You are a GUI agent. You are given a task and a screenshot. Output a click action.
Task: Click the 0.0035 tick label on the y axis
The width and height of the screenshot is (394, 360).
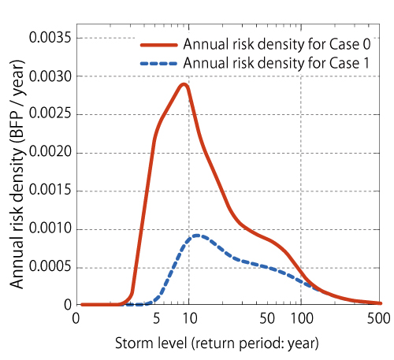tap(50, 37)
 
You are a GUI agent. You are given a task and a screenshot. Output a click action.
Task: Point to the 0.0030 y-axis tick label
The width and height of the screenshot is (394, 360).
tap(50, 76)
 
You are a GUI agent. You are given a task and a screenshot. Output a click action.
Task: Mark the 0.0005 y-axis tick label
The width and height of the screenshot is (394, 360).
tap(50, 266)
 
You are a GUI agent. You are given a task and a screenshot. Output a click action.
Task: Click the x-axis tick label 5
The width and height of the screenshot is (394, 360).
tap(156, 318)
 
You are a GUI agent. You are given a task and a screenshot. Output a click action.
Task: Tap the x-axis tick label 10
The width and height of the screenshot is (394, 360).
tap(190, 318)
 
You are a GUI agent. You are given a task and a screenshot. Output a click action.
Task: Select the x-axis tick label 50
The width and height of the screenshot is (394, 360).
tap(267, 318)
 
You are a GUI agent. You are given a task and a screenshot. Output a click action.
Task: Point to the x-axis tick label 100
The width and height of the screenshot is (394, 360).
tap(302, 318)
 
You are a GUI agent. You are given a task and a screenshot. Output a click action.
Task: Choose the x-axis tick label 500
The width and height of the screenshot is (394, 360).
tap(378, 318)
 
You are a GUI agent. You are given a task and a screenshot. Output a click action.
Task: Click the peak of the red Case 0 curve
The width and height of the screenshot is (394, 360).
tap(184, 84)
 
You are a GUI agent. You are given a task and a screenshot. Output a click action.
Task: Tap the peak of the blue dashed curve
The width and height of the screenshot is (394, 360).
tap(197, 236)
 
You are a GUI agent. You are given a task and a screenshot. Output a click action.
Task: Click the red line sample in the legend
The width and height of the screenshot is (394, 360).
tap(159, 45)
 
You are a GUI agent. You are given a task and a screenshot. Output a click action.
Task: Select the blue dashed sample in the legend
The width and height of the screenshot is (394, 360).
tap(159, 63)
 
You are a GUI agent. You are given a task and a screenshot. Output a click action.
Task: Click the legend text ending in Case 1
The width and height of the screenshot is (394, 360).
tap(277, 63)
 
